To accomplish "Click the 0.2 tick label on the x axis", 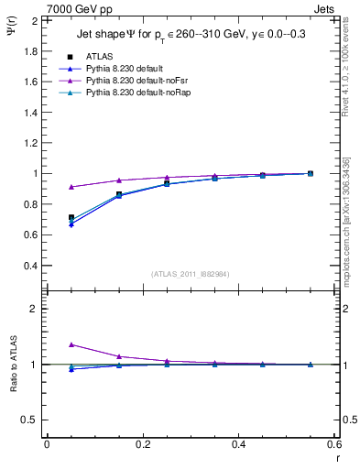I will [x=142, y=444].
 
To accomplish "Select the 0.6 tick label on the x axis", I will [x=333, y=444].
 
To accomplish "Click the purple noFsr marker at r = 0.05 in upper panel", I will [x=71, y=187].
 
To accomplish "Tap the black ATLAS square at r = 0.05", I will [x=71, y=218].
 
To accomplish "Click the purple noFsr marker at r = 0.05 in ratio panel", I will [x=71, y=344].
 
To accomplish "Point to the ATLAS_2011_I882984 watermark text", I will [x=191, y=274].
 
